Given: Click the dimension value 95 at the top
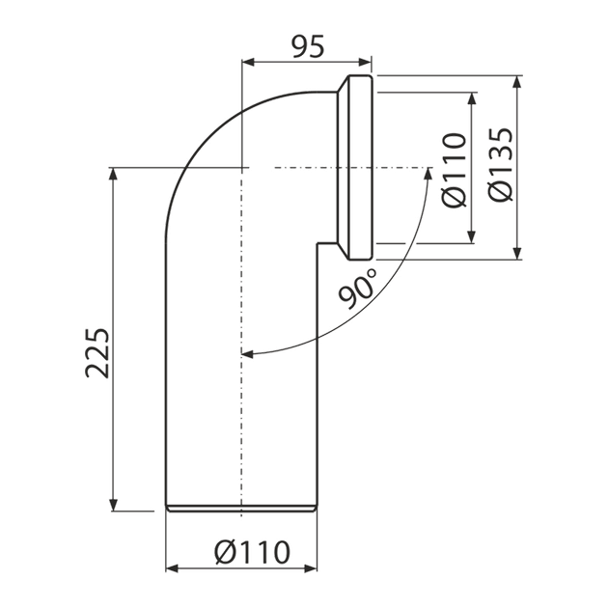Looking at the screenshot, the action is coord(308,47).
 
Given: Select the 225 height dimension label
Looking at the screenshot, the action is coord(97,353).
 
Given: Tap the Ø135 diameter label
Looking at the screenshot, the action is coord(501,164).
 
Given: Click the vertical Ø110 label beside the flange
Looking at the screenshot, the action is coord(454,170).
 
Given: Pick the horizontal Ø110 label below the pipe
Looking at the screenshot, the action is coord(252,552).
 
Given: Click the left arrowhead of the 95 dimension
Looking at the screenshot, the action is coord(247,62).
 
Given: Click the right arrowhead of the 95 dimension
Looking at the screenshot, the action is coord(366,62).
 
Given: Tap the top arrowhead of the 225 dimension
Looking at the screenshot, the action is coord(113,174).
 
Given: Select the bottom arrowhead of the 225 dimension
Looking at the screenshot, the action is coord(113,505).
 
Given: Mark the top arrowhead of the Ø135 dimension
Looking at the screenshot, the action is coord(517,82).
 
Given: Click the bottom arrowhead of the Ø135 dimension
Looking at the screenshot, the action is coord(517,253).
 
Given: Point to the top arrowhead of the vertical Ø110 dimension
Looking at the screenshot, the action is coord(472,98).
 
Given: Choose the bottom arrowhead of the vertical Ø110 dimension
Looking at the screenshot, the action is coord(472,237).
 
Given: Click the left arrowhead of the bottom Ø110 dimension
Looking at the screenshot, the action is coord(172,568).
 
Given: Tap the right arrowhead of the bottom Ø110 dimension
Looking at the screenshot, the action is coord(311,568).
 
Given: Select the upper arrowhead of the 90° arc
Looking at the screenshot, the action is coord(428,174).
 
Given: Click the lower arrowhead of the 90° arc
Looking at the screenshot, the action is coord(247,353).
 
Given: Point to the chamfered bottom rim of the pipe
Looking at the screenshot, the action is coord(241,509).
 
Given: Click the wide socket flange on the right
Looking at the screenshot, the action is coord(360,168).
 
